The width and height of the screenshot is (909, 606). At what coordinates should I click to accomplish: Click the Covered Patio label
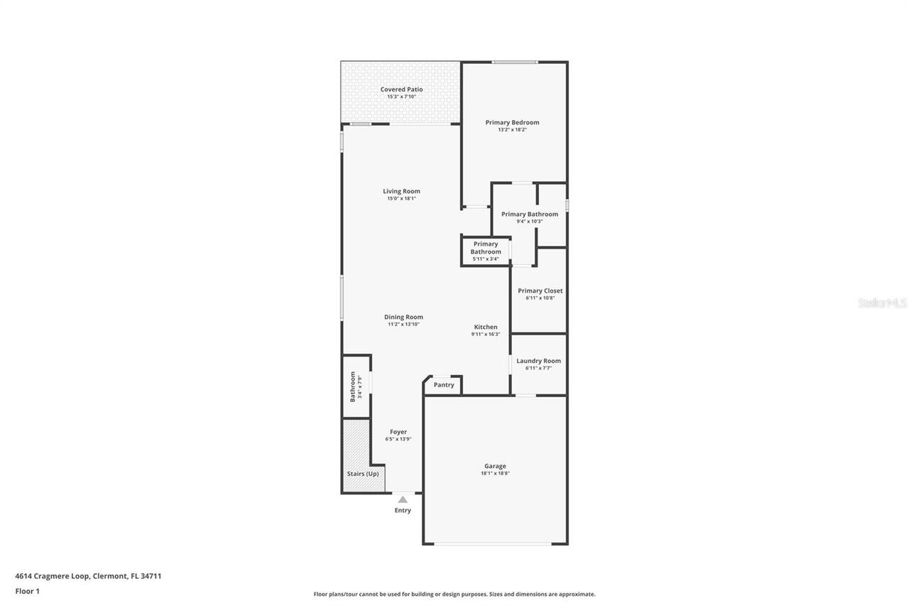click(401, 90)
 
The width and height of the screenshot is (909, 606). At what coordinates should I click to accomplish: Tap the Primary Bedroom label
click(512, 122)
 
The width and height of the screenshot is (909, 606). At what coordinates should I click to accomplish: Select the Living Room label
click(401, 191)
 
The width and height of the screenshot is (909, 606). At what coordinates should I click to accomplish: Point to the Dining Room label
click(403, 317)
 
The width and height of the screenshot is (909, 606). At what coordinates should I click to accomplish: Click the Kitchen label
click(486, 327)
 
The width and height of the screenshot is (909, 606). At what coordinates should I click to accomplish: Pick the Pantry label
click(444, 385)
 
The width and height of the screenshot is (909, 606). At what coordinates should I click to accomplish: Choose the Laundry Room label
click(538, 361)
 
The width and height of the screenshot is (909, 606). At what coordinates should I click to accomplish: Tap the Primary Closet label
click(540, 291)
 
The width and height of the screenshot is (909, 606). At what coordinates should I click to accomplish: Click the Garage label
click(495, 466)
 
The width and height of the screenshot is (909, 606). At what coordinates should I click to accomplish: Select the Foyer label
click(398, 431)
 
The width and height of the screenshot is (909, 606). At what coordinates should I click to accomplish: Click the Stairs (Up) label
click(363, 474)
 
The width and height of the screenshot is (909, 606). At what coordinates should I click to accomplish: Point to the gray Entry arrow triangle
click(403, 499)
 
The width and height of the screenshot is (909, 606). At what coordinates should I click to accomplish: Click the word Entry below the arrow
click(403, 510)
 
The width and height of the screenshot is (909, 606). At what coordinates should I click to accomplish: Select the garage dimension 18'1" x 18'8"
click(495, 474)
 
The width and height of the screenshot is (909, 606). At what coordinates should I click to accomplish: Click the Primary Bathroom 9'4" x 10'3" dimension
click(530, 222)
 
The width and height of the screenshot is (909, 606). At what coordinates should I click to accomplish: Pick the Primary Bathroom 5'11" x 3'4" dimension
click(486, 259)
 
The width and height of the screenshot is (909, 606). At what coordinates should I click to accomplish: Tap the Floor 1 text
click(27, 590)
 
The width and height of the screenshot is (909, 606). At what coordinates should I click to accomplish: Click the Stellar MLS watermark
click(882, 303)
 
